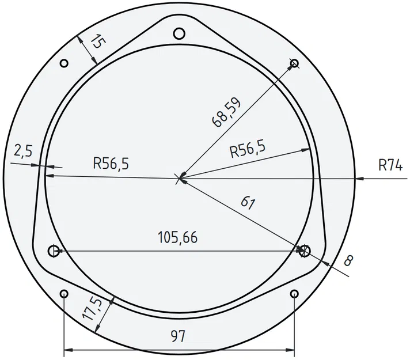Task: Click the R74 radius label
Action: [390, 165]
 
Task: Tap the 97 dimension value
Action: [179, 336]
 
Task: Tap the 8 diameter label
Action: [347, 260]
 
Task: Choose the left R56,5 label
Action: [111, 164]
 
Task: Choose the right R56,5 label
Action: [247, 150]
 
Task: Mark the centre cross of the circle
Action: [180, 179]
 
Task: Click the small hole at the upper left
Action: [64, 63]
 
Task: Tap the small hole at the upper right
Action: [294, 63]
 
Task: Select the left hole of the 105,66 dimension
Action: [53, 251]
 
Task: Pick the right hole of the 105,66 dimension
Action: [304, 251]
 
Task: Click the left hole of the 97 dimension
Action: [63, 294]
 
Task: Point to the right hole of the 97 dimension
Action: [294, 294]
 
